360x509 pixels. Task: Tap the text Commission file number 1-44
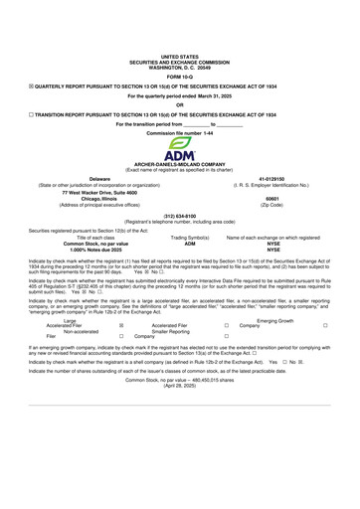tap(179, 132)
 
